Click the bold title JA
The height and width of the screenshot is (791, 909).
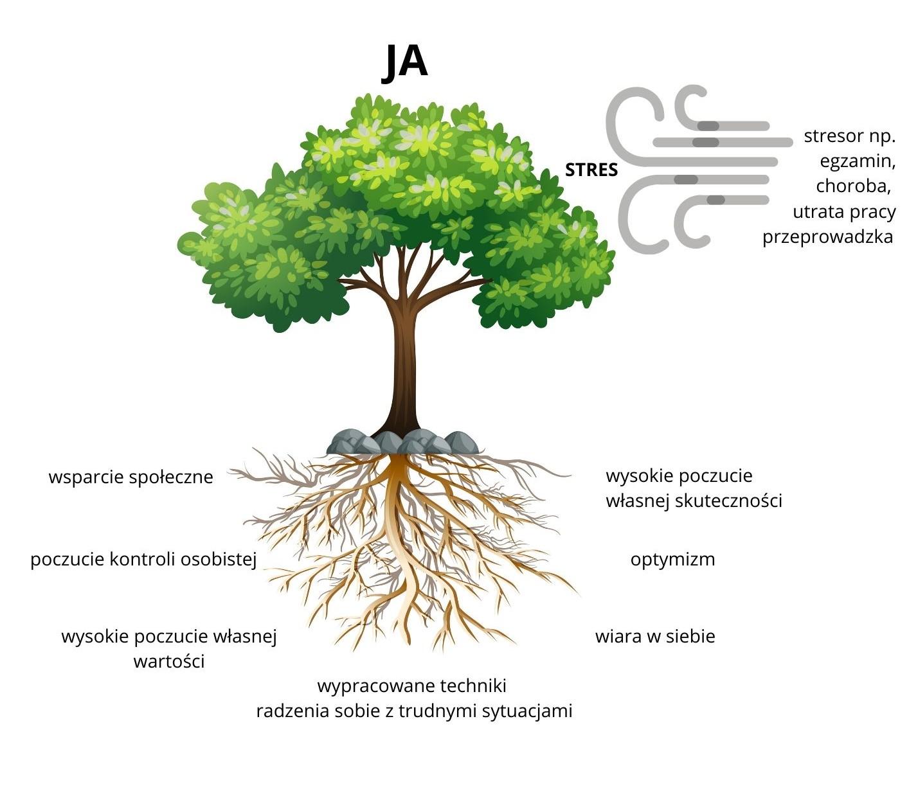click(x=404, y=62)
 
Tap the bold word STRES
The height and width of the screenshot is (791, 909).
click(x=591, y=170)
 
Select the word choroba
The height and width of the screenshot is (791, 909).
click(x=854, y=186)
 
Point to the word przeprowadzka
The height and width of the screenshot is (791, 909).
click(x=828, y=237)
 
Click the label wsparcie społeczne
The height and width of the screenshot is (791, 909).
click(x=131, y=477)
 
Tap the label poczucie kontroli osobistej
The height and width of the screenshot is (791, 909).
click(x=144, y=560)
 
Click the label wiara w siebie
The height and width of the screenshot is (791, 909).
click(x=655, y=636)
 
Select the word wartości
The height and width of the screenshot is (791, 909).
click(x=169, y=661)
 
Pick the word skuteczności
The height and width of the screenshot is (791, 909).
click(x=728, y=501)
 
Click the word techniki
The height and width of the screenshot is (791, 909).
click(x=471, y=686)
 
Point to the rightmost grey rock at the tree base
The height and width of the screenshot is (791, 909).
click(x=462, y=442)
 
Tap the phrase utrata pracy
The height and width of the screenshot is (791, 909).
click(x=844, y=212)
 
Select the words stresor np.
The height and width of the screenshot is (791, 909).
click(x=849, y=136)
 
